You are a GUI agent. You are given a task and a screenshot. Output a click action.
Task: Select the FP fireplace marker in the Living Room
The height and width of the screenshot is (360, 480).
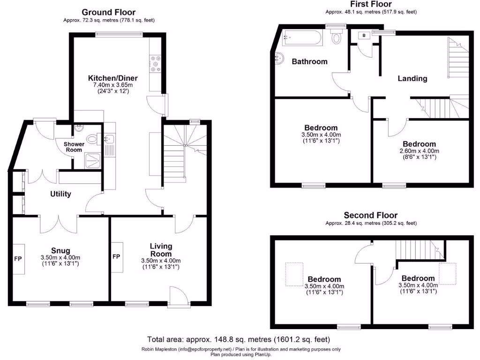point(117,257)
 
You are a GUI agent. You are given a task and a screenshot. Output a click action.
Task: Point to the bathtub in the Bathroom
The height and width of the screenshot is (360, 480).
point(303,38)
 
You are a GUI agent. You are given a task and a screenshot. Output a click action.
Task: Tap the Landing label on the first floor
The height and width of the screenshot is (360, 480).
point(412,78)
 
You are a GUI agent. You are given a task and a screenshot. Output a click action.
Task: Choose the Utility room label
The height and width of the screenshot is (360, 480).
point(60,194)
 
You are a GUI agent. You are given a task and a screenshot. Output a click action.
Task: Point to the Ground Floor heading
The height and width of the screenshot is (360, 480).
point(108,12)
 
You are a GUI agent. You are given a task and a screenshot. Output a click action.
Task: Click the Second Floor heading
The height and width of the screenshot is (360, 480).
point(370,216)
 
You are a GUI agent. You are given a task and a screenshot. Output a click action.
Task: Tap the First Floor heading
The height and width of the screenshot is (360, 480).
point(371,4)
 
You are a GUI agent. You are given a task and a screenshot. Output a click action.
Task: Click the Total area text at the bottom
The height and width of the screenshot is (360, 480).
point(239,339)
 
